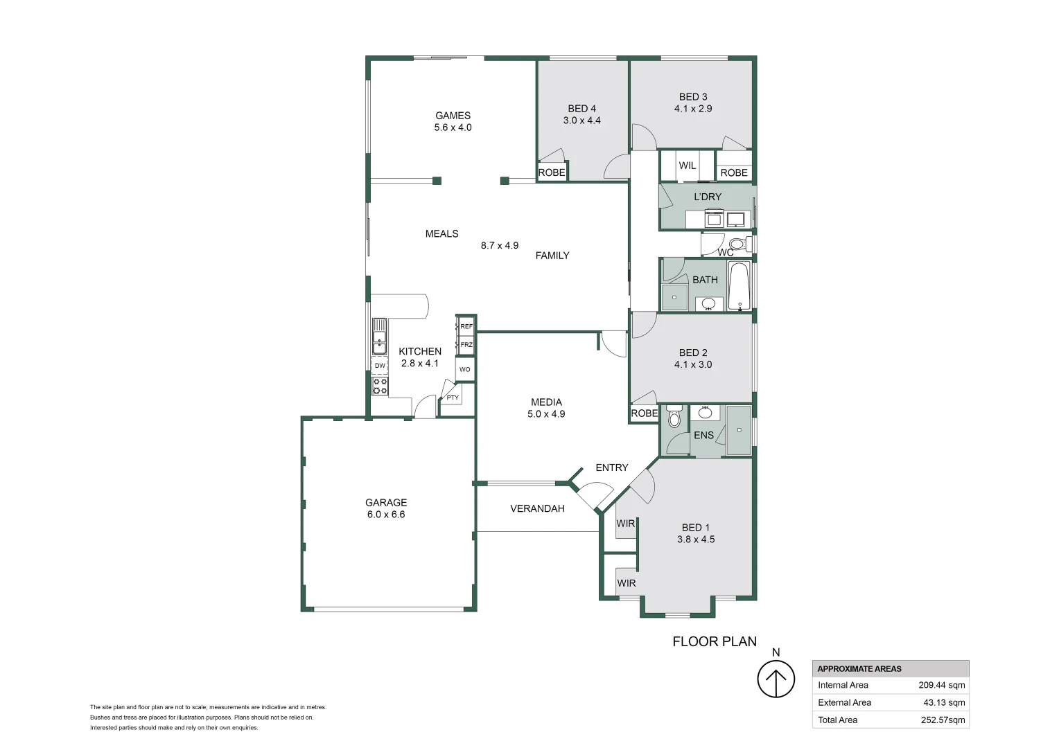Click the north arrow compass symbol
coord(776,679)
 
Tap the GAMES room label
coord(453,116)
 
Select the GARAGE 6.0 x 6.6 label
coord(386,508)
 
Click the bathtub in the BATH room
coord(739,285)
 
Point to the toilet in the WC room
coord(739,244)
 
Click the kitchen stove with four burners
coord(380,386)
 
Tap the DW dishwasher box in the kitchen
coord(380,366)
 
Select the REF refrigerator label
coord(466,326)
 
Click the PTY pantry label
coord(453,398)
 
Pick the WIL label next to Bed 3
coord(687,166)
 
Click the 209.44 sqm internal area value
coord(941,685)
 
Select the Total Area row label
coord(837,720)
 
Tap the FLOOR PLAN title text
coord(715,641)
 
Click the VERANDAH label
coord(537,508)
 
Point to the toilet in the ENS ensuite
coord(674,418)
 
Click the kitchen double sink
coord(379,337)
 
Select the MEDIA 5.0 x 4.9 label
coord(546,408)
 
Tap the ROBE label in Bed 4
coord(552,172)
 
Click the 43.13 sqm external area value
coord(944,702)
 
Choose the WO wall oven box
coord(464,369)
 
